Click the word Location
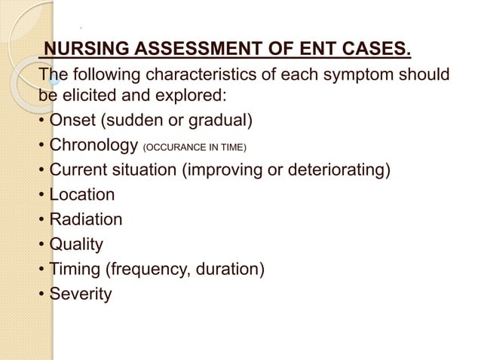(82, 195)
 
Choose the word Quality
(76, 244)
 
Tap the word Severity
(81, 293)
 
